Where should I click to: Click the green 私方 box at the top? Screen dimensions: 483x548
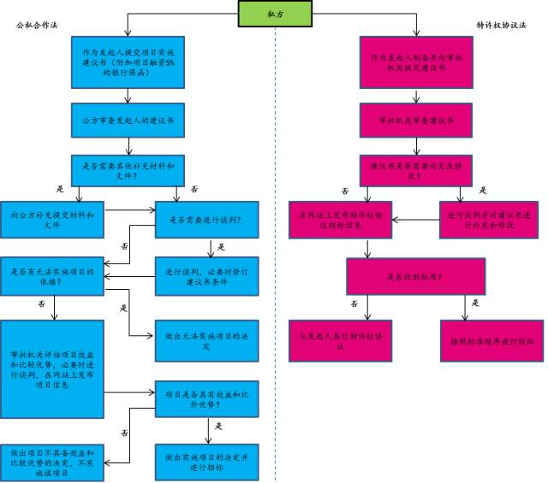click(x=273, y=14)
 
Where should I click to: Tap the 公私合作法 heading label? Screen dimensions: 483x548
click(x=37, y=26)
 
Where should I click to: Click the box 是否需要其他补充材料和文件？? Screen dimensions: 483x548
click(x=127, y=170)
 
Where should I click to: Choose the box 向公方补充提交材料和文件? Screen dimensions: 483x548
click(x=52, y=219)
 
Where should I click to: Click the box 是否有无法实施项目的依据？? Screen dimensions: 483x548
click(x=52, y=275)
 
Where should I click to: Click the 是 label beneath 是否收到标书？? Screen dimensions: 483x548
click(x=474, y=303)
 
